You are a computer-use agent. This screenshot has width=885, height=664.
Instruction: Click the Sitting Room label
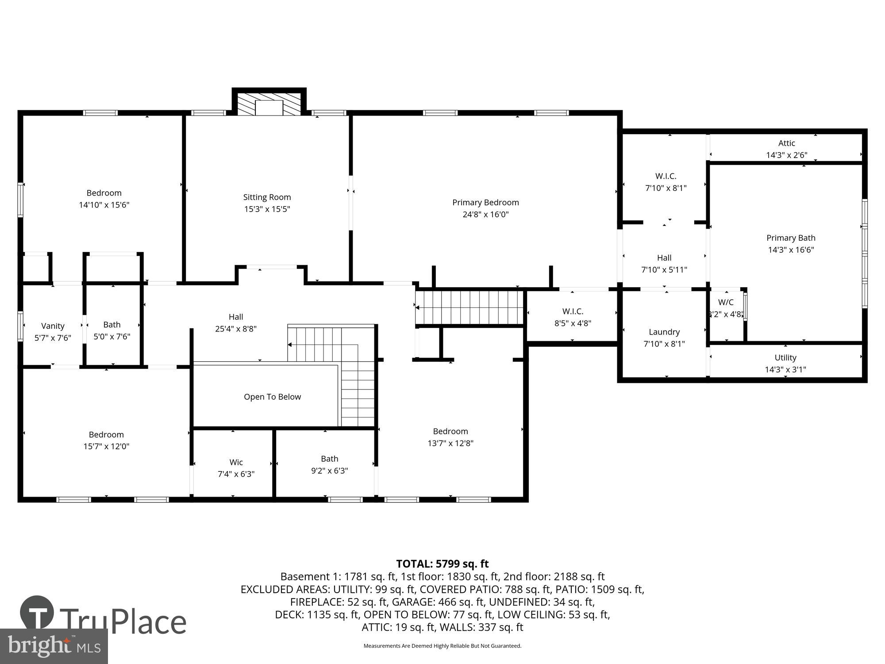pos(267,197)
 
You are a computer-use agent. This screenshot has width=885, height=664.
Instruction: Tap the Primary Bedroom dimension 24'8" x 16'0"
pos(485,215)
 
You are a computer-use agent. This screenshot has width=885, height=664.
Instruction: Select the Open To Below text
pos(272,397)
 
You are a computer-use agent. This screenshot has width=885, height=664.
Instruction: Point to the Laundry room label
pos(664,332)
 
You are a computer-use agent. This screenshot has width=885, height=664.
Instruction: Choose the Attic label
pos(786,143)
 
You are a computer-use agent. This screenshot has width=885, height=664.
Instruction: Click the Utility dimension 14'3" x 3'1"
pos(785,370)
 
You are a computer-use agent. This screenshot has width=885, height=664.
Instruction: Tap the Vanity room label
pos(53,326)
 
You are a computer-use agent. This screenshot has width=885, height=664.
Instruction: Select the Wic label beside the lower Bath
pos(236,463)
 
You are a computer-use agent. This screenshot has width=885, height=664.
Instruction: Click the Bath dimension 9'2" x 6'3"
pos(329,471)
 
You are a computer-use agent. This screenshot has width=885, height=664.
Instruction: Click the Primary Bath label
pos(790,238)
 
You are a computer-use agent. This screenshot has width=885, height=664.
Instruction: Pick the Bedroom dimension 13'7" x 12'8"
pos(450,443)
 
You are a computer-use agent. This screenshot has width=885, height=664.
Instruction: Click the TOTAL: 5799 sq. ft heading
pos(442,564)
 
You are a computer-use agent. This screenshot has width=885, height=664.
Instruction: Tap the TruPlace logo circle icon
pos(37,613)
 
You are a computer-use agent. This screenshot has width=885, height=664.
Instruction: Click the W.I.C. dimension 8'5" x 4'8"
pos(573,324)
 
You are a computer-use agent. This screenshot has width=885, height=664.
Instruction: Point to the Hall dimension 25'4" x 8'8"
pos(235,329)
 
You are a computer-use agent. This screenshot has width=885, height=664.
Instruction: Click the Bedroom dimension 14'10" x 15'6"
pos(104,205)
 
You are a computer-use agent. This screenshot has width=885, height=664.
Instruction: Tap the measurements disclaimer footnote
pos(442,646)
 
